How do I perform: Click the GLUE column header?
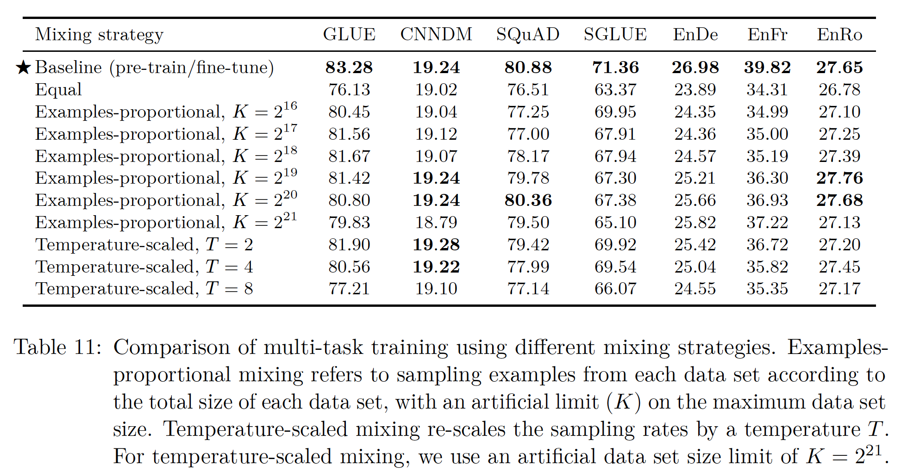point(349,35)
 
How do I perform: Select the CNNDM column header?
point(436,35)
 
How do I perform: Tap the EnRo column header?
point(839,35)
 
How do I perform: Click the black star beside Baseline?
point(23,68)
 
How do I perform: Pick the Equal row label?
point(58,90)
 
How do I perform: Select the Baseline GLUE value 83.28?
point(349,68)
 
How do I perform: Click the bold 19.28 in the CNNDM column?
point(436,244)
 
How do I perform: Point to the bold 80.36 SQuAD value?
point(528,200)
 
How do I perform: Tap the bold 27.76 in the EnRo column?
point(839,178)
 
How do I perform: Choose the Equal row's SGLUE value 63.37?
point(615,90)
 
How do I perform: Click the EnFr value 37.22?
point(767,223)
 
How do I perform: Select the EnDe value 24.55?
point(695,289)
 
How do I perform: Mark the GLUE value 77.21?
point(349,289)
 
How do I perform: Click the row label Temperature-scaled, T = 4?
point(144,267)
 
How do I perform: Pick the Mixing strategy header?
point(99,35)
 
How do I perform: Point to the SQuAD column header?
point(528,35)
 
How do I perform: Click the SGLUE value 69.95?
point(615,112)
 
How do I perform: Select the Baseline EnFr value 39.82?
point(767,68)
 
